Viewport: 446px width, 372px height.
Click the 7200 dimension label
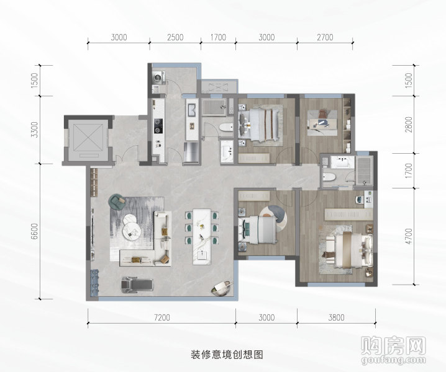[x=162, y=317]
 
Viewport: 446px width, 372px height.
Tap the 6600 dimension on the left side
[x=34, y=231]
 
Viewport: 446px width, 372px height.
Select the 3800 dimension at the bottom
[x=336, y=317]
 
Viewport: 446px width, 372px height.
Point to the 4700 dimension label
[x=409, y=236]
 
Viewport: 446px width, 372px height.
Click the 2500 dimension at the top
[x=175, y=37]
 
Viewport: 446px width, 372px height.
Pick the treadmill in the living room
[x=137, y=284]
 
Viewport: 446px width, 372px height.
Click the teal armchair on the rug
[x=117, y=201]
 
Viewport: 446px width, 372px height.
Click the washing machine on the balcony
[x=158, y=77]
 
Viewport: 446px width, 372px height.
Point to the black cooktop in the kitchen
[x=158, y=126]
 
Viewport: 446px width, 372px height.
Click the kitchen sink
[x=191, y=110]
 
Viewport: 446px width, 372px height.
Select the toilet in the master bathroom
[x=330, y=177]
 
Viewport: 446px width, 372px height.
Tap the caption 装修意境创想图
[x=227, y=355]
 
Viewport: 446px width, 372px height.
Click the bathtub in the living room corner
[x=221, y=288]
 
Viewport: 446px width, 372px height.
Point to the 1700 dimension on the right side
[x=409, y=170]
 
